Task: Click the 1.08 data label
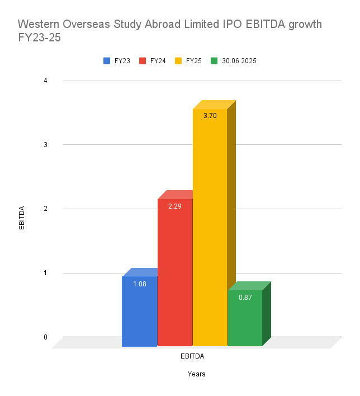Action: [139, 284]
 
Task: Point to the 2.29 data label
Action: [174, 206]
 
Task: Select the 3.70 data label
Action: [210, 116]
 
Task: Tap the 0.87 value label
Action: [245, 298]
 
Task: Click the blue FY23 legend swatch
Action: [107, 60]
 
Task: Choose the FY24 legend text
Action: [158, 60]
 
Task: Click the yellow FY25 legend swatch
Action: [179, 60]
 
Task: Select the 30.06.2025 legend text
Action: [239, 60]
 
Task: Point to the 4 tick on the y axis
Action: [45, 81]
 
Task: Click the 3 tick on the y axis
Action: [45, 145]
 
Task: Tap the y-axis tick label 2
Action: [45, 209]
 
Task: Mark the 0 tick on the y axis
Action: [45, 337]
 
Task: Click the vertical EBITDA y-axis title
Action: [22, 218]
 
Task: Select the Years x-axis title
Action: [196, 374]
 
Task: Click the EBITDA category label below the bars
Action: [192, 356]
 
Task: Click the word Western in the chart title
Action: [40, 25]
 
